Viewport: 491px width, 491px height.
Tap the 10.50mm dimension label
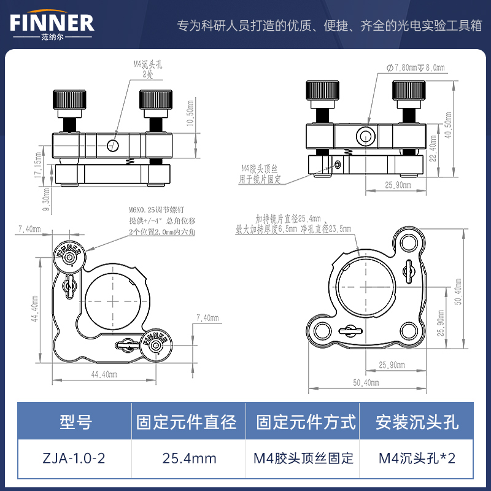click(191, 112)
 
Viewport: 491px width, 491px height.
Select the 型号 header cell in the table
click(75, 422)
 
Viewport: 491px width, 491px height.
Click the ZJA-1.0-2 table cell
click(75, 458)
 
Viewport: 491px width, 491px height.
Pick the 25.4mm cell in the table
click(190, 458)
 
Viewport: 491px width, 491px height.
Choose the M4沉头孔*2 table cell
click(417, 458)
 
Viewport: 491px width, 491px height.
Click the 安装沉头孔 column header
click(417, 422)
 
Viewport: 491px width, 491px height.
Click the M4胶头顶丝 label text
click(261, 168)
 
